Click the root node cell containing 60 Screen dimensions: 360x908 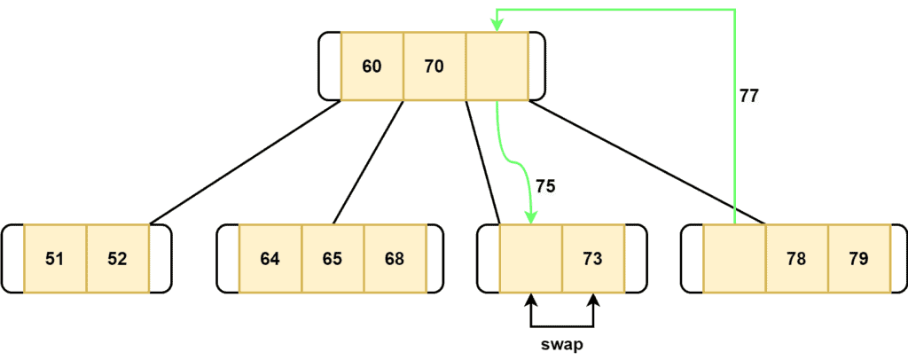(x=372, y=67)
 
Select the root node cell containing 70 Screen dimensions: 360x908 (x=434, y=67)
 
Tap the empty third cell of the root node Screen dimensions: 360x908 (x=497, y=67)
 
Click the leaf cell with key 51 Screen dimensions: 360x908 (x=55, y=259)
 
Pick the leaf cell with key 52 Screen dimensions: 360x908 (x=117, y=259)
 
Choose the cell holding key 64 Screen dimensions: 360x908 (x=270, y=259)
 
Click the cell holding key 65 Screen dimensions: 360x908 (x=333, y=259)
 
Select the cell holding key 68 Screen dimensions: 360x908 (x=395, y=259)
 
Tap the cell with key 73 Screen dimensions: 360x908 (x=592, y=259)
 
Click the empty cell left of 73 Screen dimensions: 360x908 (x=530, y=259)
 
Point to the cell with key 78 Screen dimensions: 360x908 (x=796, y=259)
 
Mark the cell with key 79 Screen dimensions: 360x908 (x=858, y=259)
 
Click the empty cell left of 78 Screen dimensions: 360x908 (x=734, y=259)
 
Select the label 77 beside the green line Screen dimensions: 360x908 (x=749, y=96)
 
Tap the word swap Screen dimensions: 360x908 (x=561, y=342)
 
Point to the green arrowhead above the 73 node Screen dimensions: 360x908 (x=531, y=218)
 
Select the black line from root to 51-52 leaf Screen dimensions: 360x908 (x=245, y=162)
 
